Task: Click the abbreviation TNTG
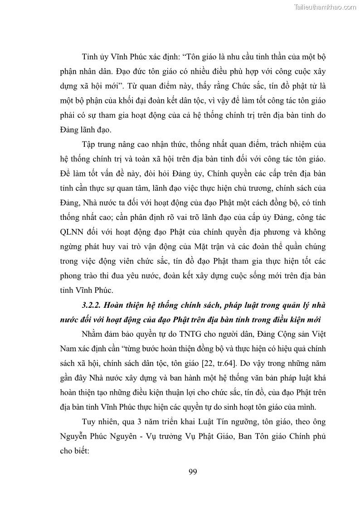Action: point(180,334)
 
